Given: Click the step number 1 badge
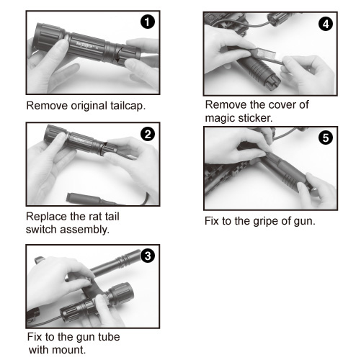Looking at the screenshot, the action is pyautogui.click(x=148, y=22).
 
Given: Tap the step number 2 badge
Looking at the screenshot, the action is pyautogui.click(x=148, y=134).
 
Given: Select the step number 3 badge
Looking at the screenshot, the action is pyautogui.click(x=148, y=256).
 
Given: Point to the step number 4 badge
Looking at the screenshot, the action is pyautogui.click(x=326, y=24).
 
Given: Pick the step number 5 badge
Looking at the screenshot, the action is pyautogui.click(x=326, y=138).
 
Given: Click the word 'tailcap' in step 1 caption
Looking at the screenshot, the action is pyautogui.click(x=127, y=106).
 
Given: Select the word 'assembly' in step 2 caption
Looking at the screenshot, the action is pyautogui.click(x=84, y=230).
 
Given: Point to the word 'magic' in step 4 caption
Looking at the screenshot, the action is pyautogui.click(x=219, y=118).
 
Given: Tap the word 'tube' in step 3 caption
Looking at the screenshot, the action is pyautogui.click(x=109, y=337).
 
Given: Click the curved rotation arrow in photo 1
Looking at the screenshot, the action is pyautogui.click(x=120, y=55).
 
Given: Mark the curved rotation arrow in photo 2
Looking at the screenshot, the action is pyautogui.click(x=103, y=148).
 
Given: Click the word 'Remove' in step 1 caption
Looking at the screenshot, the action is pyautogui.click(x=47, y=106).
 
